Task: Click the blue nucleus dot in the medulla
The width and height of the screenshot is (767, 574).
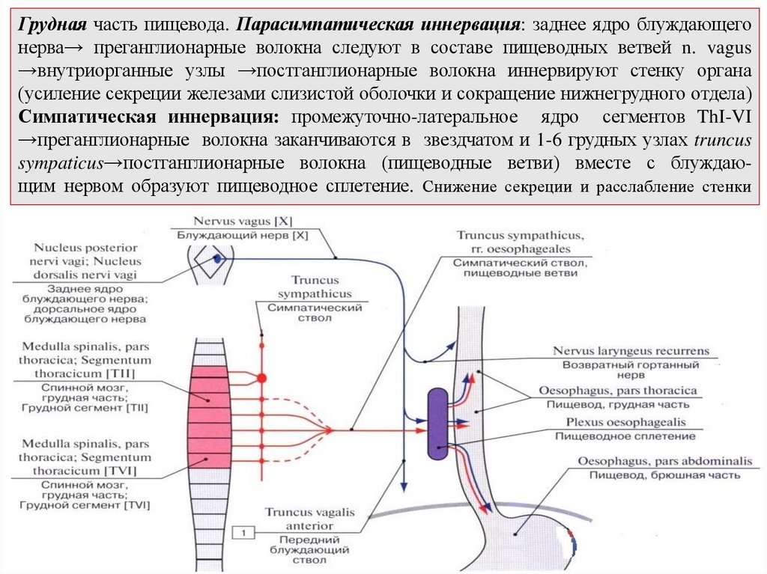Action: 216,257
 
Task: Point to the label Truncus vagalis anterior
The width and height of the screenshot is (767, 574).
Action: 309,519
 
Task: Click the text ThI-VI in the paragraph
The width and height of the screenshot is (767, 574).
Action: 720,118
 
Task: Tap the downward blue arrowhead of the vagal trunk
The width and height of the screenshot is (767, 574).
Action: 404,486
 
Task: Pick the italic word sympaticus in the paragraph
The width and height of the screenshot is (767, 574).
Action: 60,163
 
